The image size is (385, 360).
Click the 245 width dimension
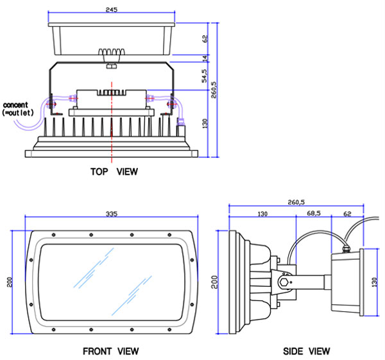[x=112, y=10]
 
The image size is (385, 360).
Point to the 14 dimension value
[x=205, y=58]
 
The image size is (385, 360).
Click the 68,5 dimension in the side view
[x=314, y=213]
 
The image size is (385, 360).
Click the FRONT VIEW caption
[x=111, y=351]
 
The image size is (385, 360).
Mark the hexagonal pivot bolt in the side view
[x=284, y=281]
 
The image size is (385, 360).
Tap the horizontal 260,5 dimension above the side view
[x=296, y=201]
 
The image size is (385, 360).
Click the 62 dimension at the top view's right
[x=205, y=38]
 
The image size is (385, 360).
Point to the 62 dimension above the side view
[x=348, y=213]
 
